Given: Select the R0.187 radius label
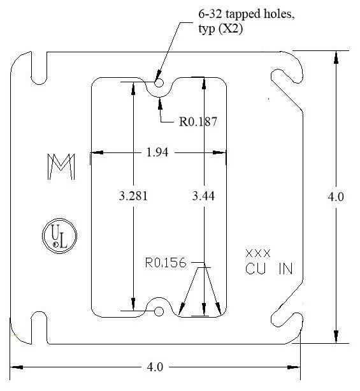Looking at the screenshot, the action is click(x=198, y=122).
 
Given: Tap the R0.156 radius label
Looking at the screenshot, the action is click(x=166, y=263).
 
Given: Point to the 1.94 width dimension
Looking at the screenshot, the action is click(x=157, y=152).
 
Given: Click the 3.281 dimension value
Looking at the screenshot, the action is click(x=133, y=196).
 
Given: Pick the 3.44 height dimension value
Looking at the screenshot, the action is click(x=203, y=196).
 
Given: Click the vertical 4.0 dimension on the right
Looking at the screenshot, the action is click(x=336, y=196).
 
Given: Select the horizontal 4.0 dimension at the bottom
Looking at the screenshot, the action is click(x=155, y=367).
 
